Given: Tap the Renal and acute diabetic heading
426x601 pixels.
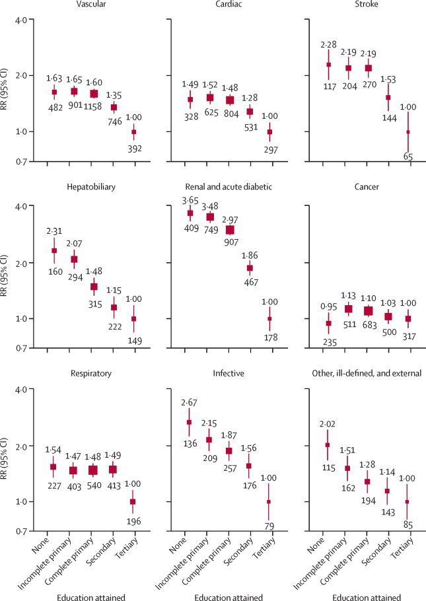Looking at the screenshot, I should (223, 188).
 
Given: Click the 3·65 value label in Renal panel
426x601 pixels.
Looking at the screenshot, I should (190, 199).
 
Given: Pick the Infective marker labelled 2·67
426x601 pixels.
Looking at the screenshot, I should (191, 423).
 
